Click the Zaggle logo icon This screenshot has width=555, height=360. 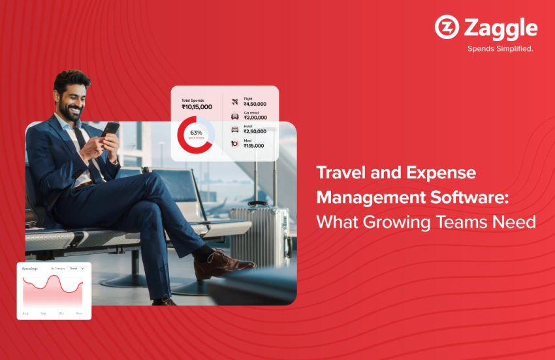(447, 28)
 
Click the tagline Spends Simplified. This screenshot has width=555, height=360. (499, 48)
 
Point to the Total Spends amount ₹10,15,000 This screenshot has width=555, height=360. (197, 107)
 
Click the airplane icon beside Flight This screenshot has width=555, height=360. (235, 101)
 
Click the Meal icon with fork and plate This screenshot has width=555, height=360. (234, 144)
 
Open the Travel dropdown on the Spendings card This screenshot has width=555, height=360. (77, 269)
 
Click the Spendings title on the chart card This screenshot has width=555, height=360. (30, 269)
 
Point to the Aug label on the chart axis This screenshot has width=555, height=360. (26, 314)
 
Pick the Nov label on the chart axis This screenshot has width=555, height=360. (80, 314)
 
